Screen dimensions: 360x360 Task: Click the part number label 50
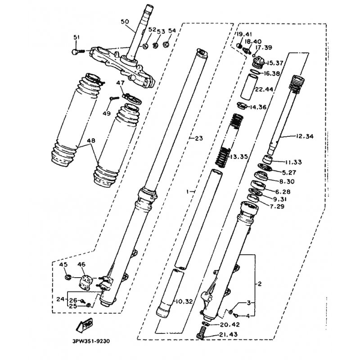(125, 22)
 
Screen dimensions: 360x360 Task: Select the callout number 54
(172, 31)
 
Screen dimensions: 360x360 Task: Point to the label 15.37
(274, 63)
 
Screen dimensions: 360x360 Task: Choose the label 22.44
(264, 89)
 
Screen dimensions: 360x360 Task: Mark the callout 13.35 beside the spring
(239, 157)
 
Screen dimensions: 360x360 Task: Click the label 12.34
(305, 136)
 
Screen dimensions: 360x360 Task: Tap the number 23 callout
(199, 138)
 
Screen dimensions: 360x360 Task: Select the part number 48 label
(91, 140)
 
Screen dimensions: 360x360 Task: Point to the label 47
(120, 83)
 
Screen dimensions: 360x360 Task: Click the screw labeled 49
(114, 98)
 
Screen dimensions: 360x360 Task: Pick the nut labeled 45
(68, 277)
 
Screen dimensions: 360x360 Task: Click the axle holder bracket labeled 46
(85, 282)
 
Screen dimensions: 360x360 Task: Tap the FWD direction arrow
(84, 325)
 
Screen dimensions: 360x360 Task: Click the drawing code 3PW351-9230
(91, 341)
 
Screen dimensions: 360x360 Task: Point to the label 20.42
(230, 324)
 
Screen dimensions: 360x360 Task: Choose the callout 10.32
(184, 301)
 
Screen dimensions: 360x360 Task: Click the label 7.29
(277, 207)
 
